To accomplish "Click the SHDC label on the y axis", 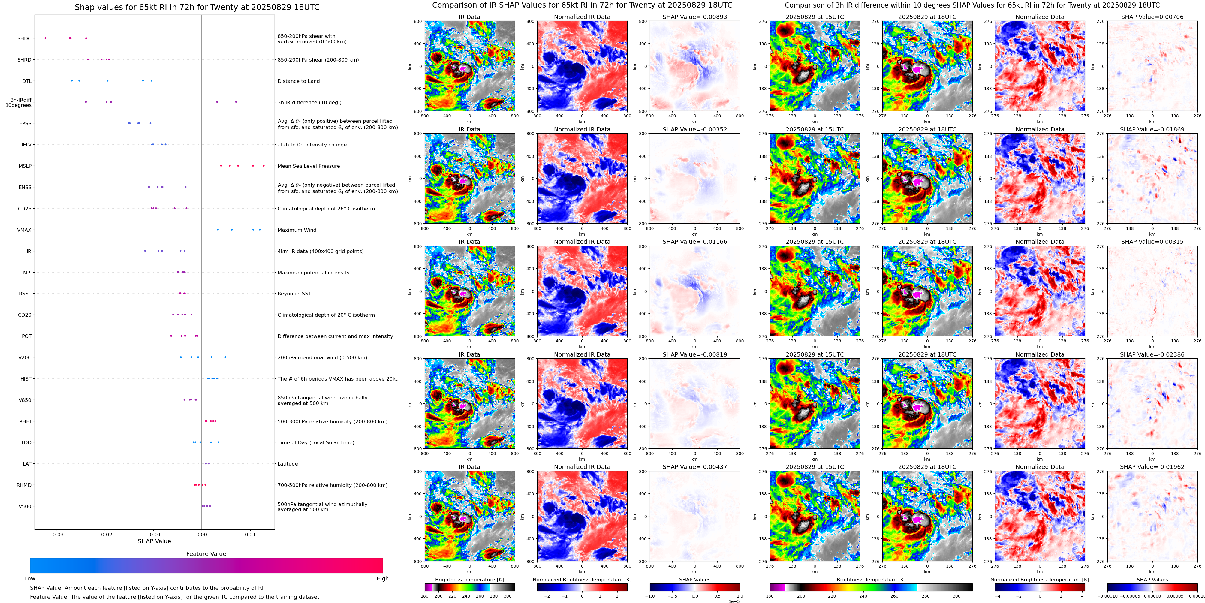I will click(24, 38).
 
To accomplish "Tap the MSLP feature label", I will click(25, 166).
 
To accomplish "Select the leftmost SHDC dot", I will click(45, 38).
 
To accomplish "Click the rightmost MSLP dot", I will click(264, 166).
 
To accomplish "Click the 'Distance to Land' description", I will click(298, 81).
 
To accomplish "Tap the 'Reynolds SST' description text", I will click(294, 294).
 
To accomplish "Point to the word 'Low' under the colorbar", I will click(30, 579).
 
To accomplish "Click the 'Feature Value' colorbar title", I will click(206, 554).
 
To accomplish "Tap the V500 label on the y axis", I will click(25, 506).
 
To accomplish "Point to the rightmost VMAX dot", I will click(260, 230).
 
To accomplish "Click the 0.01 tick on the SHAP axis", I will click(250, 535).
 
